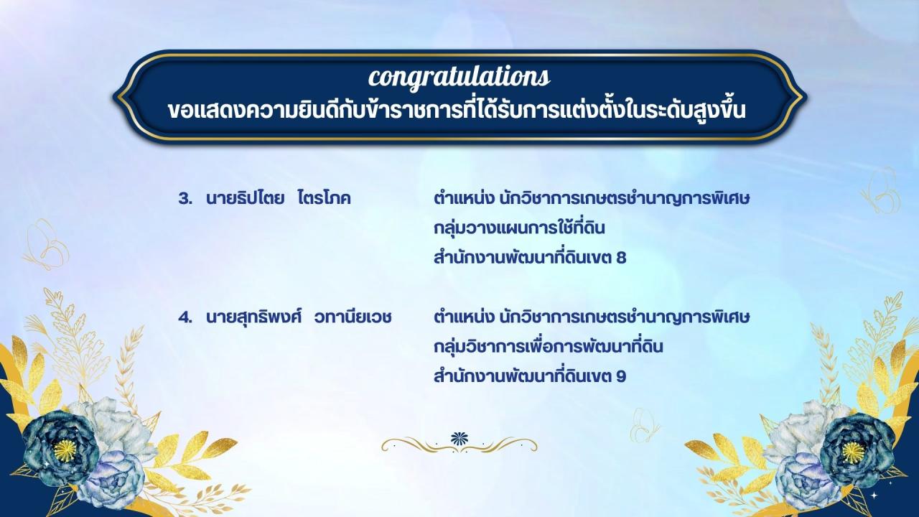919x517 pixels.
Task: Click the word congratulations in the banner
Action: click(x=459, y=75)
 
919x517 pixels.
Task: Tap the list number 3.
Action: click(x=185, y=198)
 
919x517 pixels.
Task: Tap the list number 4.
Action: click(x=185, y=316)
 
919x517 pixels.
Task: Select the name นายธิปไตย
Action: click(x=242, y=198)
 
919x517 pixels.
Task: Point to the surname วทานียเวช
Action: click(x=353, y=316)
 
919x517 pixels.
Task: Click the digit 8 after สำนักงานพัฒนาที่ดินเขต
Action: click(x=621, y=258)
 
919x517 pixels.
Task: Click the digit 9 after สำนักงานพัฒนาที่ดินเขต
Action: click(x=621, y=376)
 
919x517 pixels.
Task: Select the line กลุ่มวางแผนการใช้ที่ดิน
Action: click(x=521, y=228)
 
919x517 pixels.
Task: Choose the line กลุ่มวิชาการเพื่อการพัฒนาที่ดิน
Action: click(x=548, y=346)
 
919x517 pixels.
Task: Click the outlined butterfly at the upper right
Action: click(x=880, y=190)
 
